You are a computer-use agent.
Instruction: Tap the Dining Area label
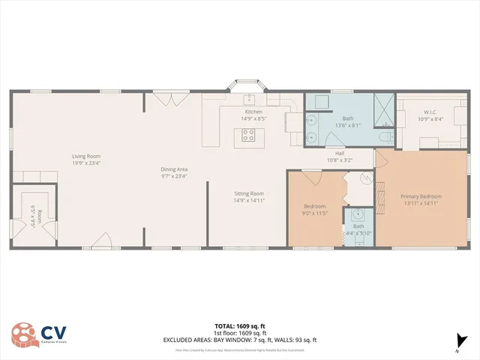(173, 169)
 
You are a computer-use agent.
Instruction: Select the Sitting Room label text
(249, 193)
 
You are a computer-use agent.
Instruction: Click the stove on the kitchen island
(248, 136)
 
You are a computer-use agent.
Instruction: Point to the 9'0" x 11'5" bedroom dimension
(314, 213)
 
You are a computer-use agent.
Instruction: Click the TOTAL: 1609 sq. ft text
(240, 325)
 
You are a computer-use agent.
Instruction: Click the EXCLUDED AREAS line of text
(240, 340)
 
